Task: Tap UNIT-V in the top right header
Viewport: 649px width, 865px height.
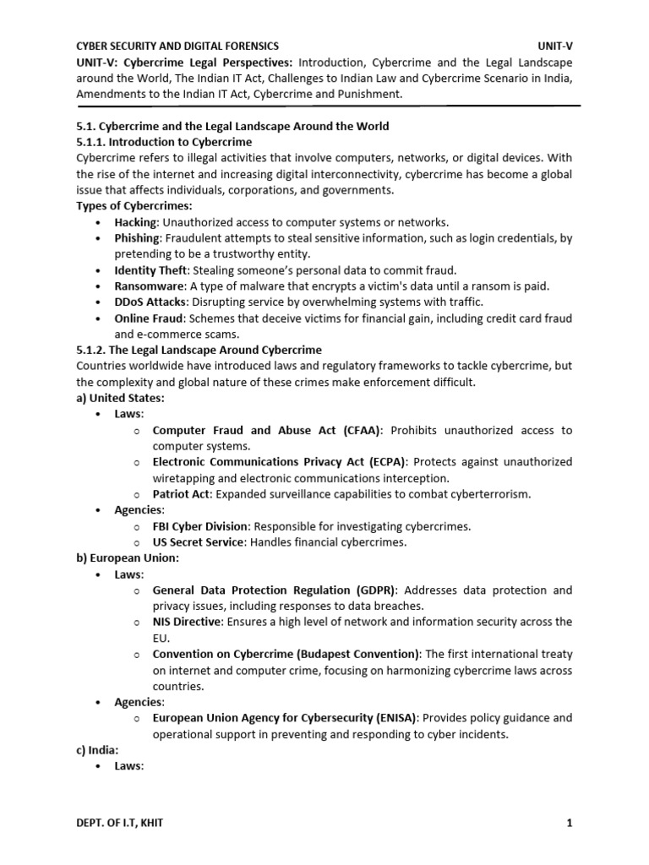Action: click(554, 46)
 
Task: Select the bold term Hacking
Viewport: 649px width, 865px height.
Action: click(137, 222)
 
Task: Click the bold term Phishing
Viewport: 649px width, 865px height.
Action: click(138, 238)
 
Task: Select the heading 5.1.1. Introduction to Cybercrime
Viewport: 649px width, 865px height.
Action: click(164, 142)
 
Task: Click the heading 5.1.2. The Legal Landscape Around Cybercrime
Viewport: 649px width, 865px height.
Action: click(199, 350)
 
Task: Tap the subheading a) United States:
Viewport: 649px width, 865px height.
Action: click(120, 398)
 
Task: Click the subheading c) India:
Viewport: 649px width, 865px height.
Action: click(97, 749)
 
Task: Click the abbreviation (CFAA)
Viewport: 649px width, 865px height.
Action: click(363, 430)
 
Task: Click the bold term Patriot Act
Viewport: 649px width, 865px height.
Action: click(182, 494)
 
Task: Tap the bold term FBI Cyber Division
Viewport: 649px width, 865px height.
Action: click(200, 526)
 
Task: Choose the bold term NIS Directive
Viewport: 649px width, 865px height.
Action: click(187, 622)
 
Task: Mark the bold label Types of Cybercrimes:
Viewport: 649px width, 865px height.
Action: click(134, 206)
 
